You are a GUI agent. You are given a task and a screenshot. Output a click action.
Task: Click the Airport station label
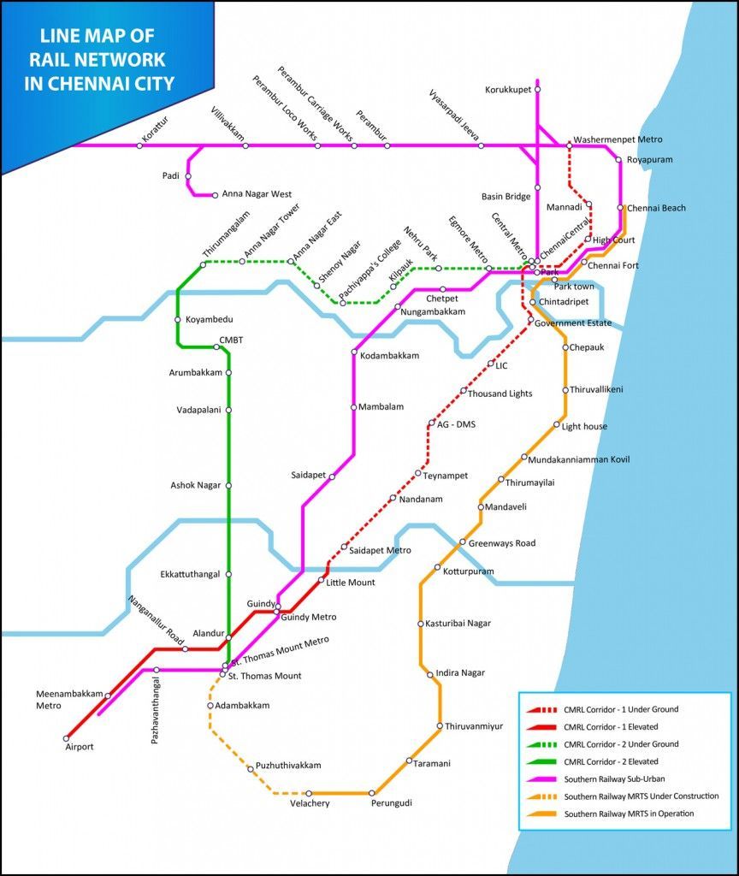pyautogui.click(x=80, y=747)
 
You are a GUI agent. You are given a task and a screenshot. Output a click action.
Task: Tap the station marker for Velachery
pyautogui.click(x=309, y=794)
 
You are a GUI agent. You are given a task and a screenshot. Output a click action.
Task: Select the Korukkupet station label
pyautogui.click(x=508, y=89)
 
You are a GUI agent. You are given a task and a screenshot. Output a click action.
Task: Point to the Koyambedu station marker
pyautogui.click(x=178, y=320)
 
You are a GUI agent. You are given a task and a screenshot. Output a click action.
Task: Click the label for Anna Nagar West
pyautogui.click(x=257, y=194)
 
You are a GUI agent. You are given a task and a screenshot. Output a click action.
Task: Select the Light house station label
pyautogui.click(x=584, y=425)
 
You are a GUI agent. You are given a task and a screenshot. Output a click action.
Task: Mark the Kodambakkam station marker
pyautogui.click(x=353, y=352)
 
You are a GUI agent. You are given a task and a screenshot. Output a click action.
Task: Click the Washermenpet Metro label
pyautogui.click(x=618, y=139)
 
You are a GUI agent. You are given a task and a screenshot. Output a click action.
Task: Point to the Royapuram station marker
pyautogui.click(x=618, y=159)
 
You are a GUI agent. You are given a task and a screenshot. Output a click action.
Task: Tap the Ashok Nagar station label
pyautogui.click(x=195, y=485)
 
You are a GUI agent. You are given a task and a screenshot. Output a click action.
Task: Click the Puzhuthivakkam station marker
pyautogui.click(x=251, y=769)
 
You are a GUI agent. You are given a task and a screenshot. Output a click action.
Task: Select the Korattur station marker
pyautogui.click(x=140, y=145)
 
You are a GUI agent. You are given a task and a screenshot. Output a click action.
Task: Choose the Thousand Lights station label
pyautogui.click(x=500, y=394)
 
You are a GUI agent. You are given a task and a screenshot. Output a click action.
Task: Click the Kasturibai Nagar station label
pyautogui.click(x=458, y=624)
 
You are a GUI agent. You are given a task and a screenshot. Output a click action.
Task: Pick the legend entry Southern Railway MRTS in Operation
pyautogui.click(x=629, y=814)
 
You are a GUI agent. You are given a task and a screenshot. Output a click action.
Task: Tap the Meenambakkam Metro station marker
pyautogui.click(x=108, y=695)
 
